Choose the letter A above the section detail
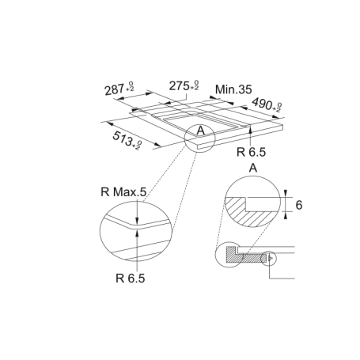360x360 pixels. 252,168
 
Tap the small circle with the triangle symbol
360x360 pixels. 271,256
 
